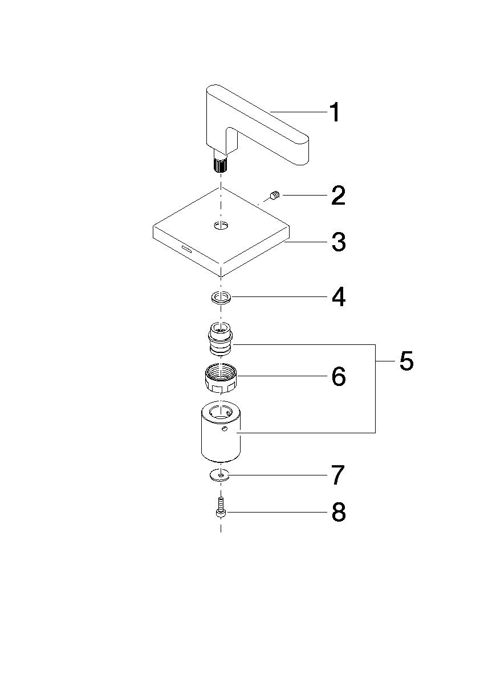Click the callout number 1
[335, 112]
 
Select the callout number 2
[338, 196]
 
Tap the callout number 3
[339, 242]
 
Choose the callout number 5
[406, 361]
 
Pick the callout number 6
[339, 376]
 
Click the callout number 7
[338, 475]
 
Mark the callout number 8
[339, 513]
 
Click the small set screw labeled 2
[275, 196]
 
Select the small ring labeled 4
[221, 298]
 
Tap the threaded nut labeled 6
[221, 377]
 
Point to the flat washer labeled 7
[221, 475]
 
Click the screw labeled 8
[221, 507]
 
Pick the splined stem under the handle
[220, 165]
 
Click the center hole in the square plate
[221, 225]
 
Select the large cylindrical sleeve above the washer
[221, 433]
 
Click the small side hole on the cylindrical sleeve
[224, 428]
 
